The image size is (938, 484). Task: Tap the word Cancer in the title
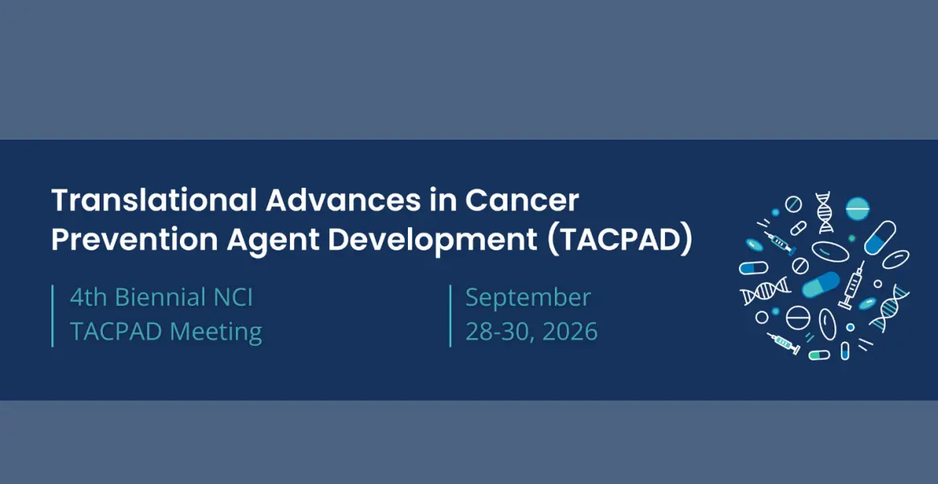(x=522, y=201)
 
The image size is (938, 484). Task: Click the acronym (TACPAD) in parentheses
(x=620, y=240)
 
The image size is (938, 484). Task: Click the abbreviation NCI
(x=231, y=298)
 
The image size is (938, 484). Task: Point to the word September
(x=528, y=298)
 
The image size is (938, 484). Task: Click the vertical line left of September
(x=451, y=315)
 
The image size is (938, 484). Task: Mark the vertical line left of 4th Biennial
(x=53, y=315)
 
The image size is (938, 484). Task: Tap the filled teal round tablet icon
(x=857, y=207)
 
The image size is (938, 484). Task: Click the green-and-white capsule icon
(x=819, y=355)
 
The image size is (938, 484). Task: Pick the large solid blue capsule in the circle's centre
(x=820, y=284)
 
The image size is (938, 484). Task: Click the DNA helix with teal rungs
(x=890, y=307)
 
